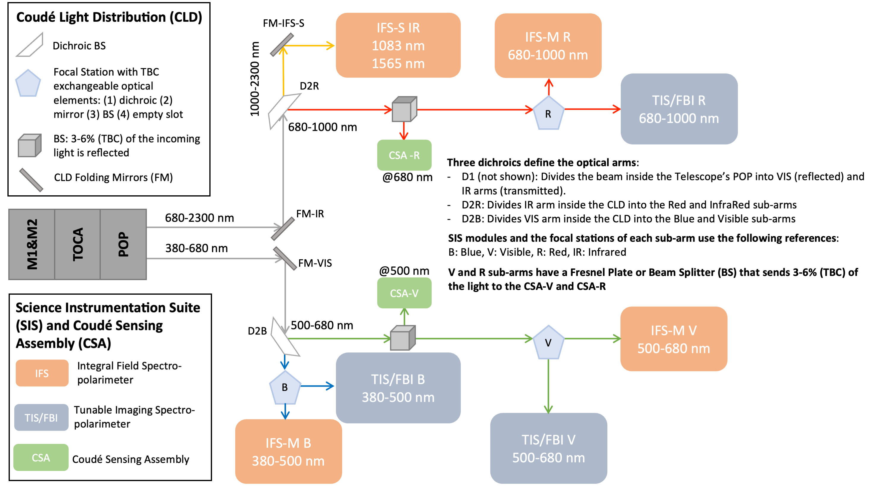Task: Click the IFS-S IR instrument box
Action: pyautogui.click(x=398, y=45)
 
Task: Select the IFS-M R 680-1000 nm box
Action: pyautogui.click(x=548, y=46)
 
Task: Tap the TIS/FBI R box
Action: pyautogui.click(x=679, y=109)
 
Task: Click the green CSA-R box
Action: pyautogui.click(x=404, y=155)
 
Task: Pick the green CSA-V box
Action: pyautogui.click(x=404, y=293)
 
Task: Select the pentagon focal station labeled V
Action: pyautogui.click(x=548, y=342)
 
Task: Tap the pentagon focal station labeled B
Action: pyautogui.click(x=285, y=387)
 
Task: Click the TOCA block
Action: pyautogui.click(x=78, y=244)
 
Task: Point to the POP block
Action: pyautogui.click(x=124, y=244)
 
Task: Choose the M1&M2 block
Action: pyautogui.click(x=32, y=244)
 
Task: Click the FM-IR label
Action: pyautogui.click(x=310, y=214)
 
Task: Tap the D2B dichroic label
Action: pyautogui.click(x=257, y=331)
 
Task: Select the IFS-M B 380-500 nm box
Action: pyautogui.click(x=288, y=452)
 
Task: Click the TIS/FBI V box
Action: pyautogui.click(x=549, y=448)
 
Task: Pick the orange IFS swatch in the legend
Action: pyautogui.click(x=42, y=373)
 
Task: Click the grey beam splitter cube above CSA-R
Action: pyautogui.click(x=404, y=109)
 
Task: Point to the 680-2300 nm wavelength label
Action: pyautogui.click(x=199, y=218)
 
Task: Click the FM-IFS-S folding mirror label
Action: pyautogui.click(x=283, y=23)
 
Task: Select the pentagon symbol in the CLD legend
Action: pyautogui.click(x=28, y=84)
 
